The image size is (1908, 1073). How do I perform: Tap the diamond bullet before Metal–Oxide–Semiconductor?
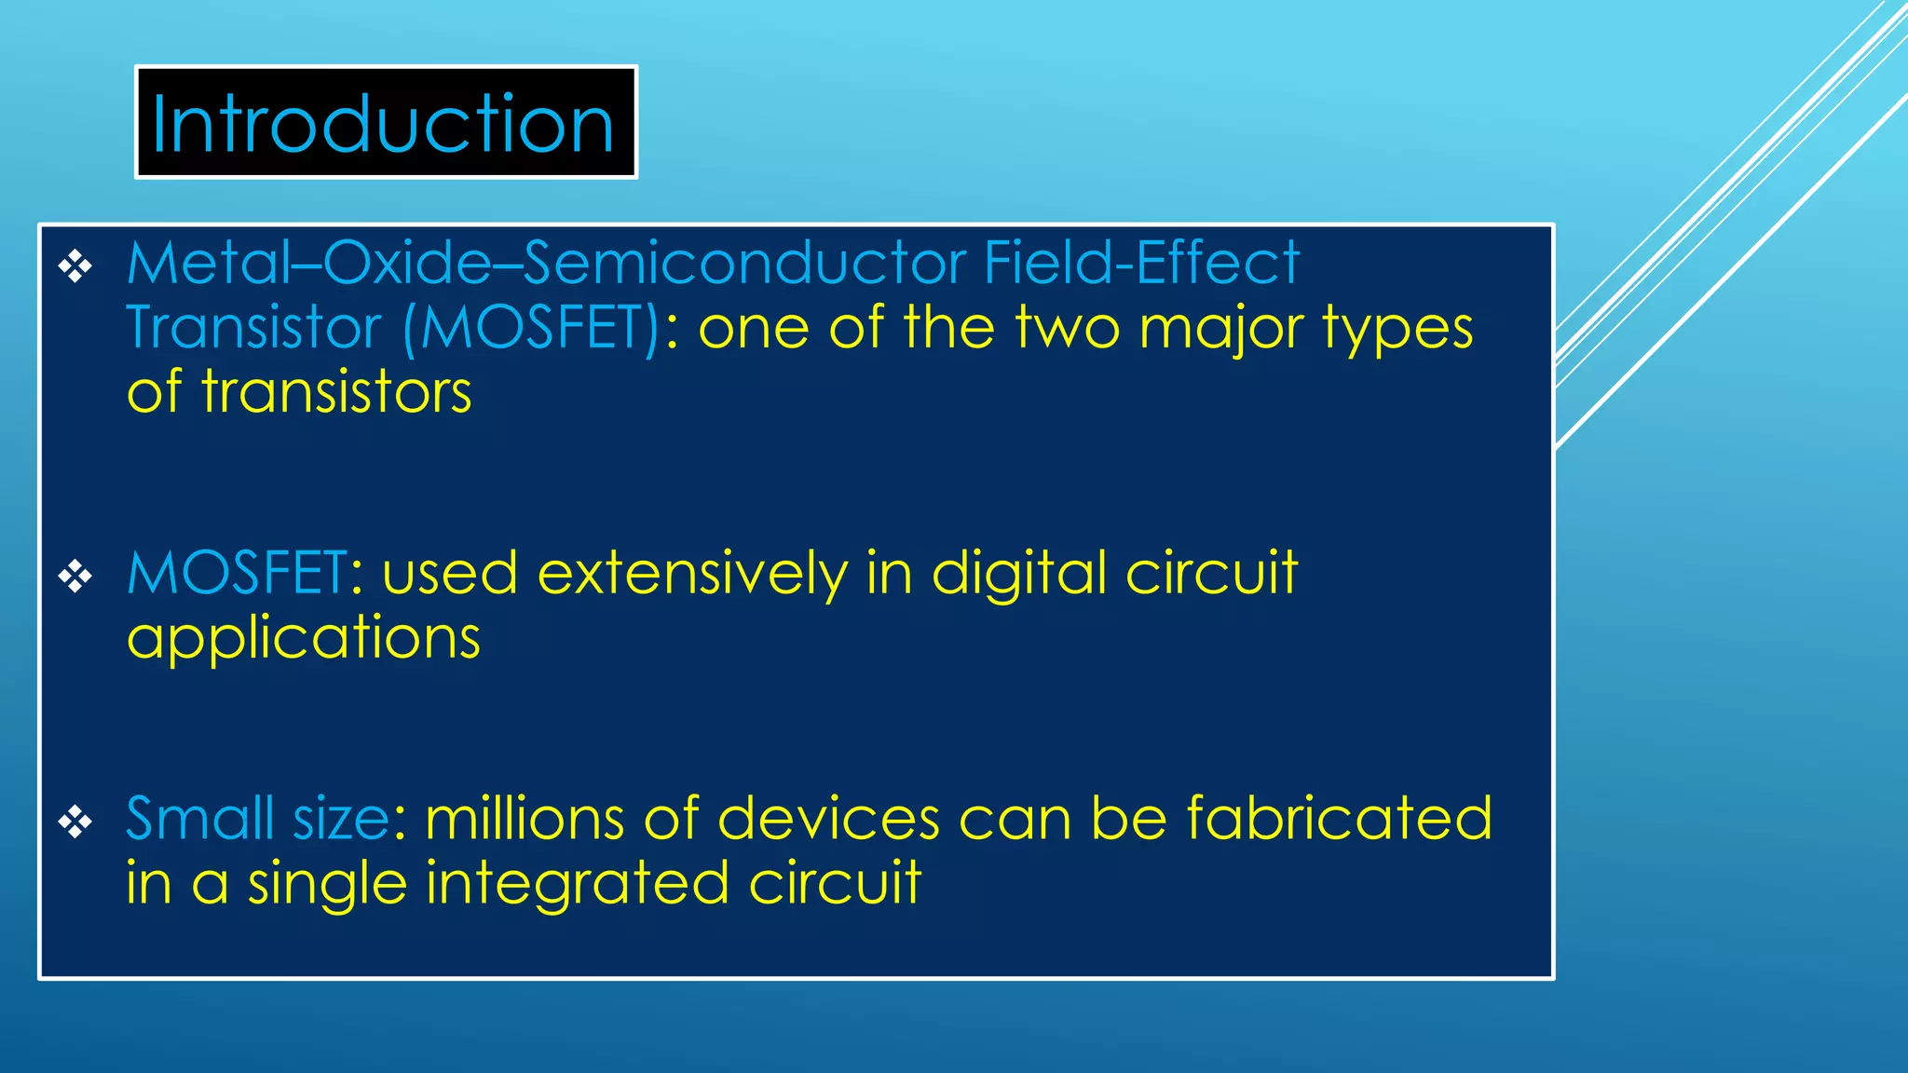tap(75, 267)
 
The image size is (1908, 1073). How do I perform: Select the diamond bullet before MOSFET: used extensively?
tap(75, 577)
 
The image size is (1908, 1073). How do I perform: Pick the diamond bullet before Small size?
tap(75, 822)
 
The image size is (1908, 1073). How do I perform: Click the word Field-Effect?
tap(1140, 263)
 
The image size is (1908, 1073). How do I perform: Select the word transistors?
tap(336, 392)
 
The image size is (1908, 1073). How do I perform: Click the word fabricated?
tap(1339, 819)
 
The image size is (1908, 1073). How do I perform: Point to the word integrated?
tap(577, 884)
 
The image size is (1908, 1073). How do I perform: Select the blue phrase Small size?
tap(258, 819)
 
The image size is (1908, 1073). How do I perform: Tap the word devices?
tap(828, 819)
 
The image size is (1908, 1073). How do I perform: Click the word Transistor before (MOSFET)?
tap(254, 328)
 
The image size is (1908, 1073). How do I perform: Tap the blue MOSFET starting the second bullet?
tap(238, 573)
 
